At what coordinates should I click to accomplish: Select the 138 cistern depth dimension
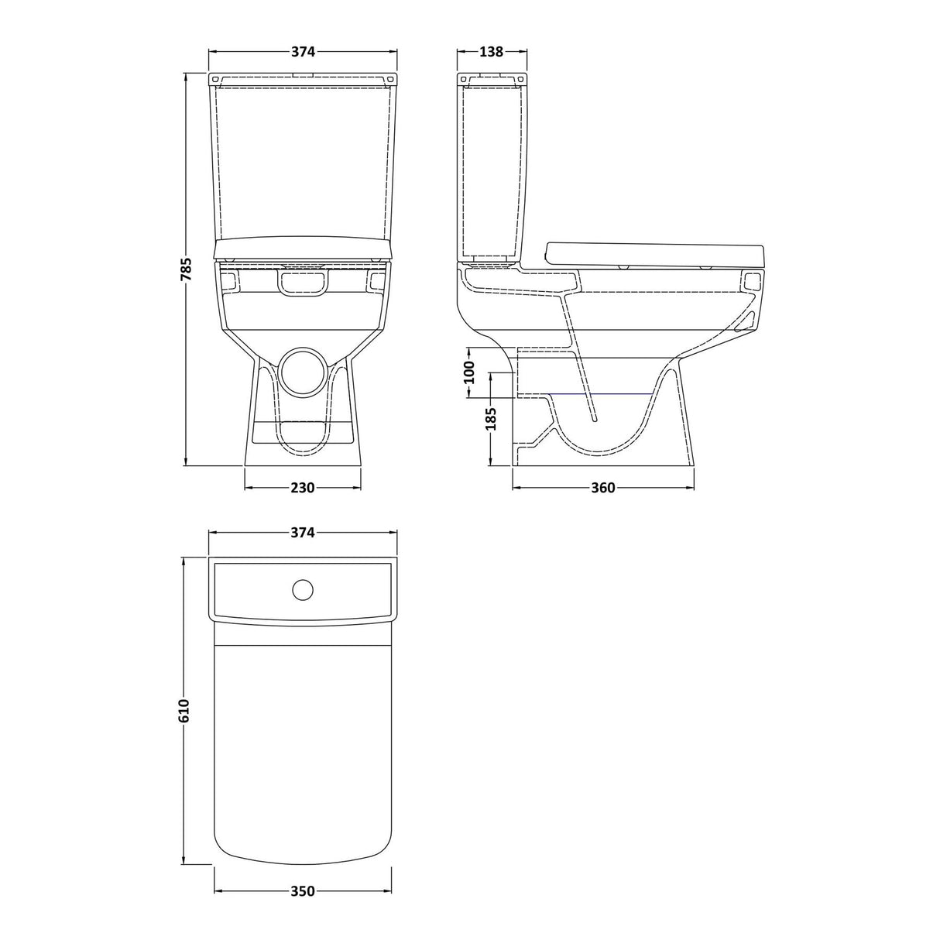click(492, 52)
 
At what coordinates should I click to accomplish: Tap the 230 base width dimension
click(303, 488)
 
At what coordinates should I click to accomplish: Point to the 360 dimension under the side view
click(602, 488)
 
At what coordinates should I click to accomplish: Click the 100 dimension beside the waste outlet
click(468, 373)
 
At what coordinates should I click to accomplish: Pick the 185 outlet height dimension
click(490, 419)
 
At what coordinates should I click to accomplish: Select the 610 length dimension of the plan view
click(184, 710)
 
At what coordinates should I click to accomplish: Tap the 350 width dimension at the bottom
click(303, 891)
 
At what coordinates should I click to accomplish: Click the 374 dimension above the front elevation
click(303, 52)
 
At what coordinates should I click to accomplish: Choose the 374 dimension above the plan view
click(303, 533)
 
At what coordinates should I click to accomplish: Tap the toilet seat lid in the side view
click(655, 253)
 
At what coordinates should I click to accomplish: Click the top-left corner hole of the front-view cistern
click(215, 79)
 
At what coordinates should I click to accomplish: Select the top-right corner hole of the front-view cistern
click(391, 79)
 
